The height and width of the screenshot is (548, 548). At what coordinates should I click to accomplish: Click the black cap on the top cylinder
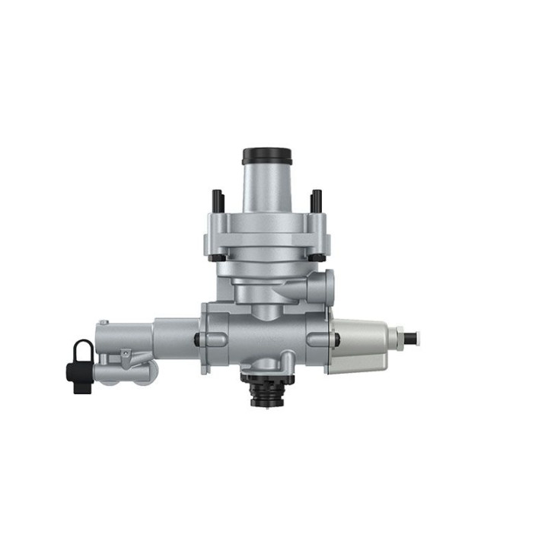[x=263, y=156]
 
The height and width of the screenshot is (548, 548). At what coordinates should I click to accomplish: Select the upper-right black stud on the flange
[x=314, y=201]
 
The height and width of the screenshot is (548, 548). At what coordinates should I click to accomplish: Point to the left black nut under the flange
[x=217, y=258]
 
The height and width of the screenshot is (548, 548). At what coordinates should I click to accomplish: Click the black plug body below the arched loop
[x=77, y=375]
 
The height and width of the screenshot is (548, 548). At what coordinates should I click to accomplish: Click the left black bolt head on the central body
[x=198, y=339]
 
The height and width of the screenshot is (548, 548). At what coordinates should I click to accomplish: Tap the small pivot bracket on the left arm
[x=126, y=355]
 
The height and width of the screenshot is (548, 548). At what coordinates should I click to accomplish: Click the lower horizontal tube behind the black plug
[x=122, y=374]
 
